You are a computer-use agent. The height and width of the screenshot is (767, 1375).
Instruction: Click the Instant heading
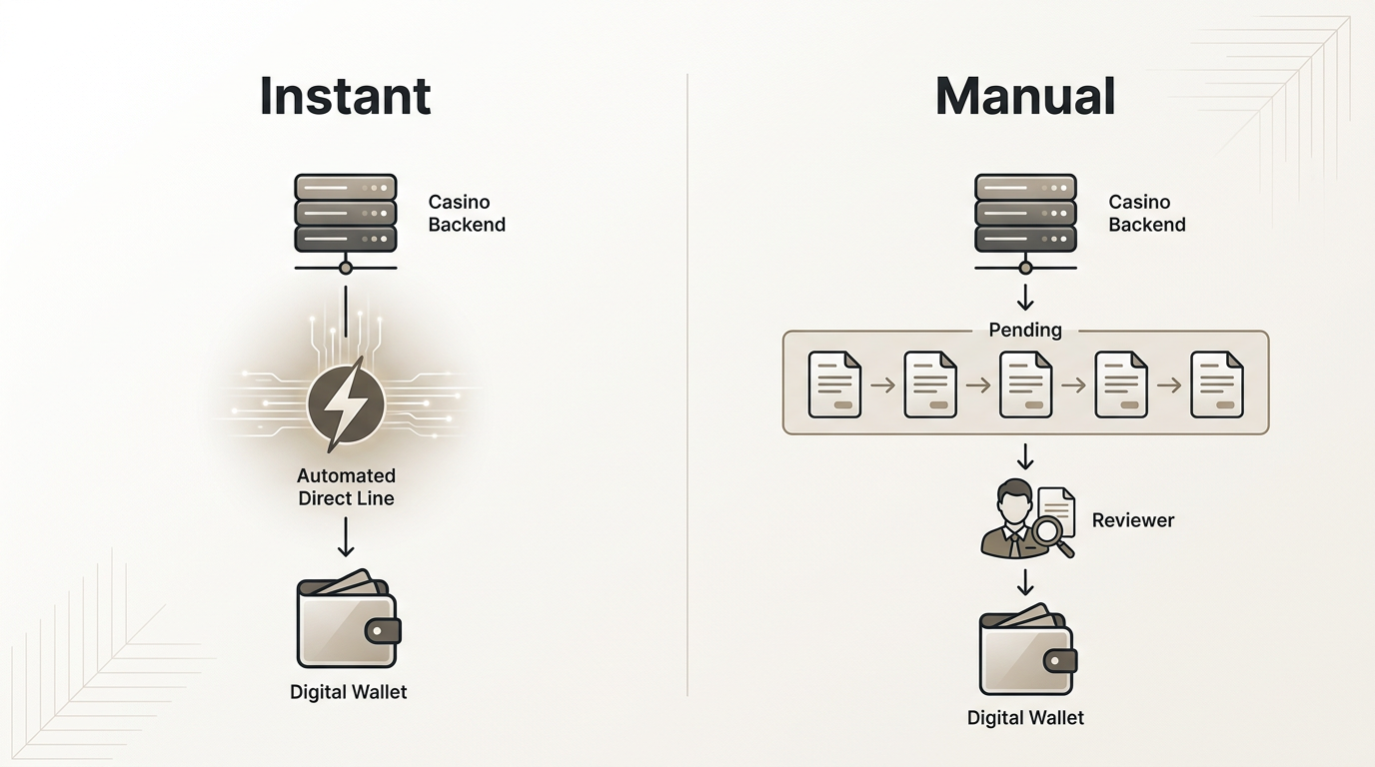click(x=345, y=96)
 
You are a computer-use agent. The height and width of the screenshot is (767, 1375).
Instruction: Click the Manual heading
click(x=1025, y=96)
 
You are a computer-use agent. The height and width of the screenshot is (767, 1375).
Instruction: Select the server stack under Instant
click(x=346, y=213)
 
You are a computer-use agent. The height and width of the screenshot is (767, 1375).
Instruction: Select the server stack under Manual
click(x=1025, y=213)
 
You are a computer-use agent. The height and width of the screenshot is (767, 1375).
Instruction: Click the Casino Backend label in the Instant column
click(x=467, y=213)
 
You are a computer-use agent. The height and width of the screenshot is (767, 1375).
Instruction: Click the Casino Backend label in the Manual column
click(x=1147, y=213)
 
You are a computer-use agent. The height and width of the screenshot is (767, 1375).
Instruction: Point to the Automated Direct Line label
click(x=346, y=486)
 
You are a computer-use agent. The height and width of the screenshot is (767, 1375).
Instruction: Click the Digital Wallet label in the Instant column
click(x=348, y=691)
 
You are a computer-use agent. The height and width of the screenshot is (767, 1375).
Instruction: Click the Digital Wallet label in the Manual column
click(x=1025, y=717)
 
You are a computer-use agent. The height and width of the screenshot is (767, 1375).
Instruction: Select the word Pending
click(x=1025, y=330)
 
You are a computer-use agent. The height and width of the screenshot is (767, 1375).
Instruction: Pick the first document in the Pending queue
click(x=834, y=383)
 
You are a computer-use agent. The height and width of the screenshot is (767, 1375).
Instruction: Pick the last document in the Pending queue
click(x=1217, y=383)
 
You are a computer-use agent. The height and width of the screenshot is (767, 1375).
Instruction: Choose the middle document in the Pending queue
click(x=1025, y=383)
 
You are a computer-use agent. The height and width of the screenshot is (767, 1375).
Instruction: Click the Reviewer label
click(x=1132, y=519)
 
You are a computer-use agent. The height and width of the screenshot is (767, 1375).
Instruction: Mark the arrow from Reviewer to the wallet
click(x=1025, y=582)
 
